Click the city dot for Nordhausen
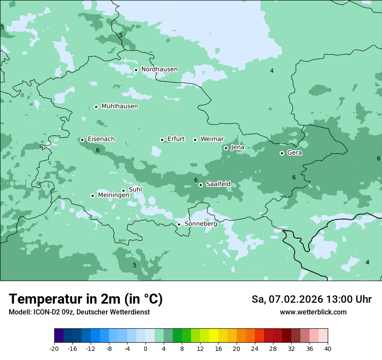click(136, 70)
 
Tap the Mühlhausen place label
click(119, 106)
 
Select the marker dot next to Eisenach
click(82, 140)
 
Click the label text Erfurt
click(176, 139)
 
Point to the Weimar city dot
click(195, 140)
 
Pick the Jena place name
click(237, 147)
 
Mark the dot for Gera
click(282, 153)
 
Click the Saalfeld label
click(218, 184)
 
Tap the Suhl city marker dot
click(123, 190)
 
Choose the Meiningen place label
click(113, 196)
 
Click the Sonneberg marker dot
click(179, 225)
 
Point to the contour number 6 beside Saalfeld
click(196, 180)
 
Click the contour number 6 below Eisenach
click(98, 150)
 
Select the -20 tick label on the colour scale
click(54, 349)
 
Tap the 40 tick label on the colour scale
click(327, 349)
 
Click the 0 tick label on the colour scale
click(145, 349)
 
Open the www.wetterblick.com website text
click(313, 312)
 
